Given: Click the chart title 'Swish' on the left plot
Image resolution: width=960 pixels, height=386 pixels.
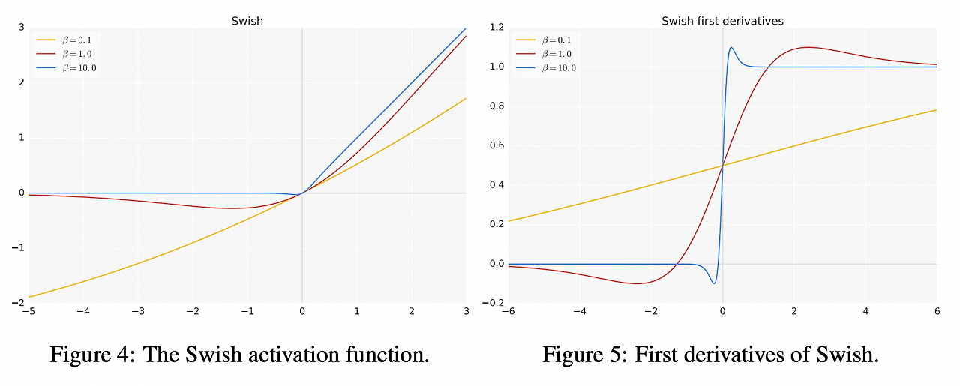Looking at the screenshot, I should click(247, 21).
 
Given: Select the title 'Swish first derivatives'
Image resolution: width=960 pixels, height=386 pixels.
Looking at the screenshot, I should click(722, 21).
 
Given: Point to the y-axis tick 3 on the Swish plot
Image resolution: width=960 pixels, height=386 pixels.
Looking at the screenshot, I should click(22, 28).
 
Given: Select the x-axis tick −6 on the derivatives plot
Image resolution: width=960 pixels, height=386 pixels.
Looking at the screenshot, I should click(508, 311).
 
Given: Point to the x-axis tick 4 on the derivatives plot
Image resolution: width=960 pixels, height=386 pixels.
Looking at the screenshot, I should click(865, 311).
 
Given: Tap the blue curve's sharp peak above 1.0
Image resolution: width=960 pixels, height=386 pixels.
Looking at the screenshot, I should click(731, 49).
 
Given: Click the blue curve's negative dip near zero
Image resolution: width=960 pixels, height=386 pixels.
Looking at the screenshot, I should click(713, 283).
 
